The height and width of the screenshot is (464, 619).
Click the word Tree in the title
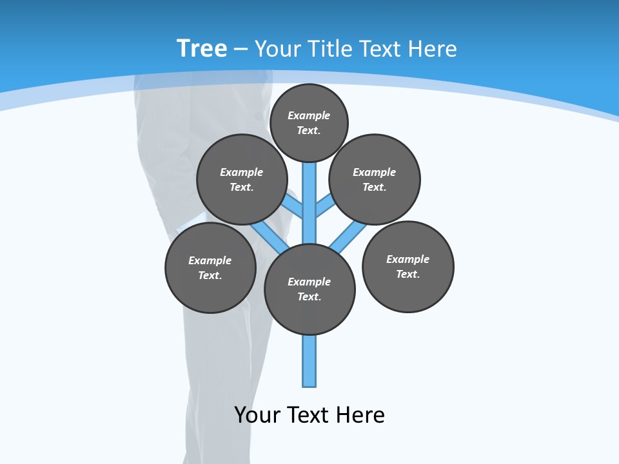[202, 48]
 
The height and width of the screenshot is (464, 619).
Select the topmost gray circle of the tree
[309, 122]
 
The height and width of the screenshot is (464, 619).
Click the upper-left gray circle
[242, 179]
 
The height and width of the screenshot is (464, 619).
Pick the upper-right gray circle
[375, 179]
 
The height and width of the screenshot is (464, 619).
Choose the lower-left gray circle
[210, 267]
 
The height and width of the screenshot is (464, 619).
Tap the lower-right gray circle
[408, 266]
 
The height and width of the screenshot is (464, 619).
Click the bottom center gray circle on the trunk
[309, 289]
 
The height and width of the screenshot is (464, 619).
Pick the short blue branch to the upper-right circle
[325, 206]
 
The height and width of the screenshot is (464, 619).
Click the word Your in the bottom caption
[257, 415]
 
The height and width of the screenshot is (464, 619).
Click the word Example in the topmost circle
[309, 115]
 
